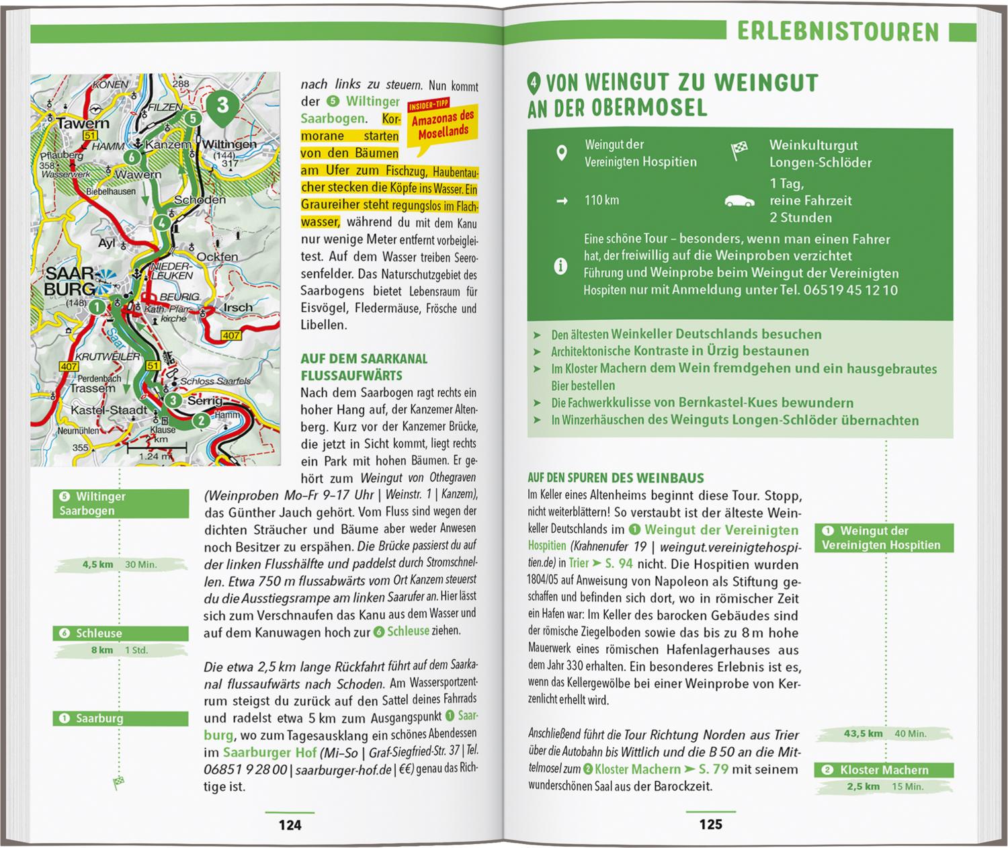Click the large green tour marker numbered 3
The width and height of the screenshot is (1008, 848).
[x=222, y=106]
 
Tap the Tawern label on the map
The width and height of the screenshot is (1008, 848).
[x=83, y=124]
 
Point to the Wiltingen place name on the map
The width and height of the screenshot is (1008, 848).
[x=229, y=144]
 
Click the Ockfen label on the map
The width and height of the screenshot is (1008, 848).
[x=217, y=256]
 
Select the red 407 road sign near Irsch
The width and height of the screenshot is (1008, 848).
[x=230, y=335]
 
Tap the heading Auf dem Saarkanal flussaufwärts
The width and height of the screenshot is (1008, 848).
[x=364, y=367]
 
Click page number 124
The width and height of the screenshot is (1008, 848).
[x=290, y=824]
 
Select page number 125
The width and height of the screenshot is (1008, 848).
[x=710, y=824]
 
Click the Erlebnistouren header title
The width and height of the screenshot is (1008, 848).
[x=838, y=32]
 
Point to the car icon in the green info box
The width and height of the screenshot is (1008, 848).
[x=739, y=200]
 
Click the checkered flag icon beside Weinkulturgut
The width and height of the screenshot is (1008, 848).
[x=739, y=153]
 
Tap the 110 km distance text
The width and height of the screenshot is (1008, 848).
[x=602, y=200]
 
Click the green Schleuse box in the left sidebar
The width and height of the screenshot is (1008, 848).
[x=121, y=633]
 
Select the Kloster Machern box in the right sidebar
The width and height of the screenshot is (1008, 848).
[x=884, y=770]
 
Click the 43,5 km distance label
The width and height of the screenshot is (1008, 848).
[x=863, y=733]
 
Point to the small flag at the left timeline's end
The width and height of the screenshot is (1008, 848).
[x=119, y=781]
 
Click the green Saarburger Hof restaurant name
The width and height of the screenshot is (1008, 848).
[x=267, y=753]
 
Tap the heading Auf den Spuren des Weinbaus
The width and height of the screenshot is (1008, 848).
[x=616, y=478]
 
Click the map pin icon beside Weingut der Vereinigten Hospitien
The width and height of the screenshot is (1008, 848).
[x=562, y=153]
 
